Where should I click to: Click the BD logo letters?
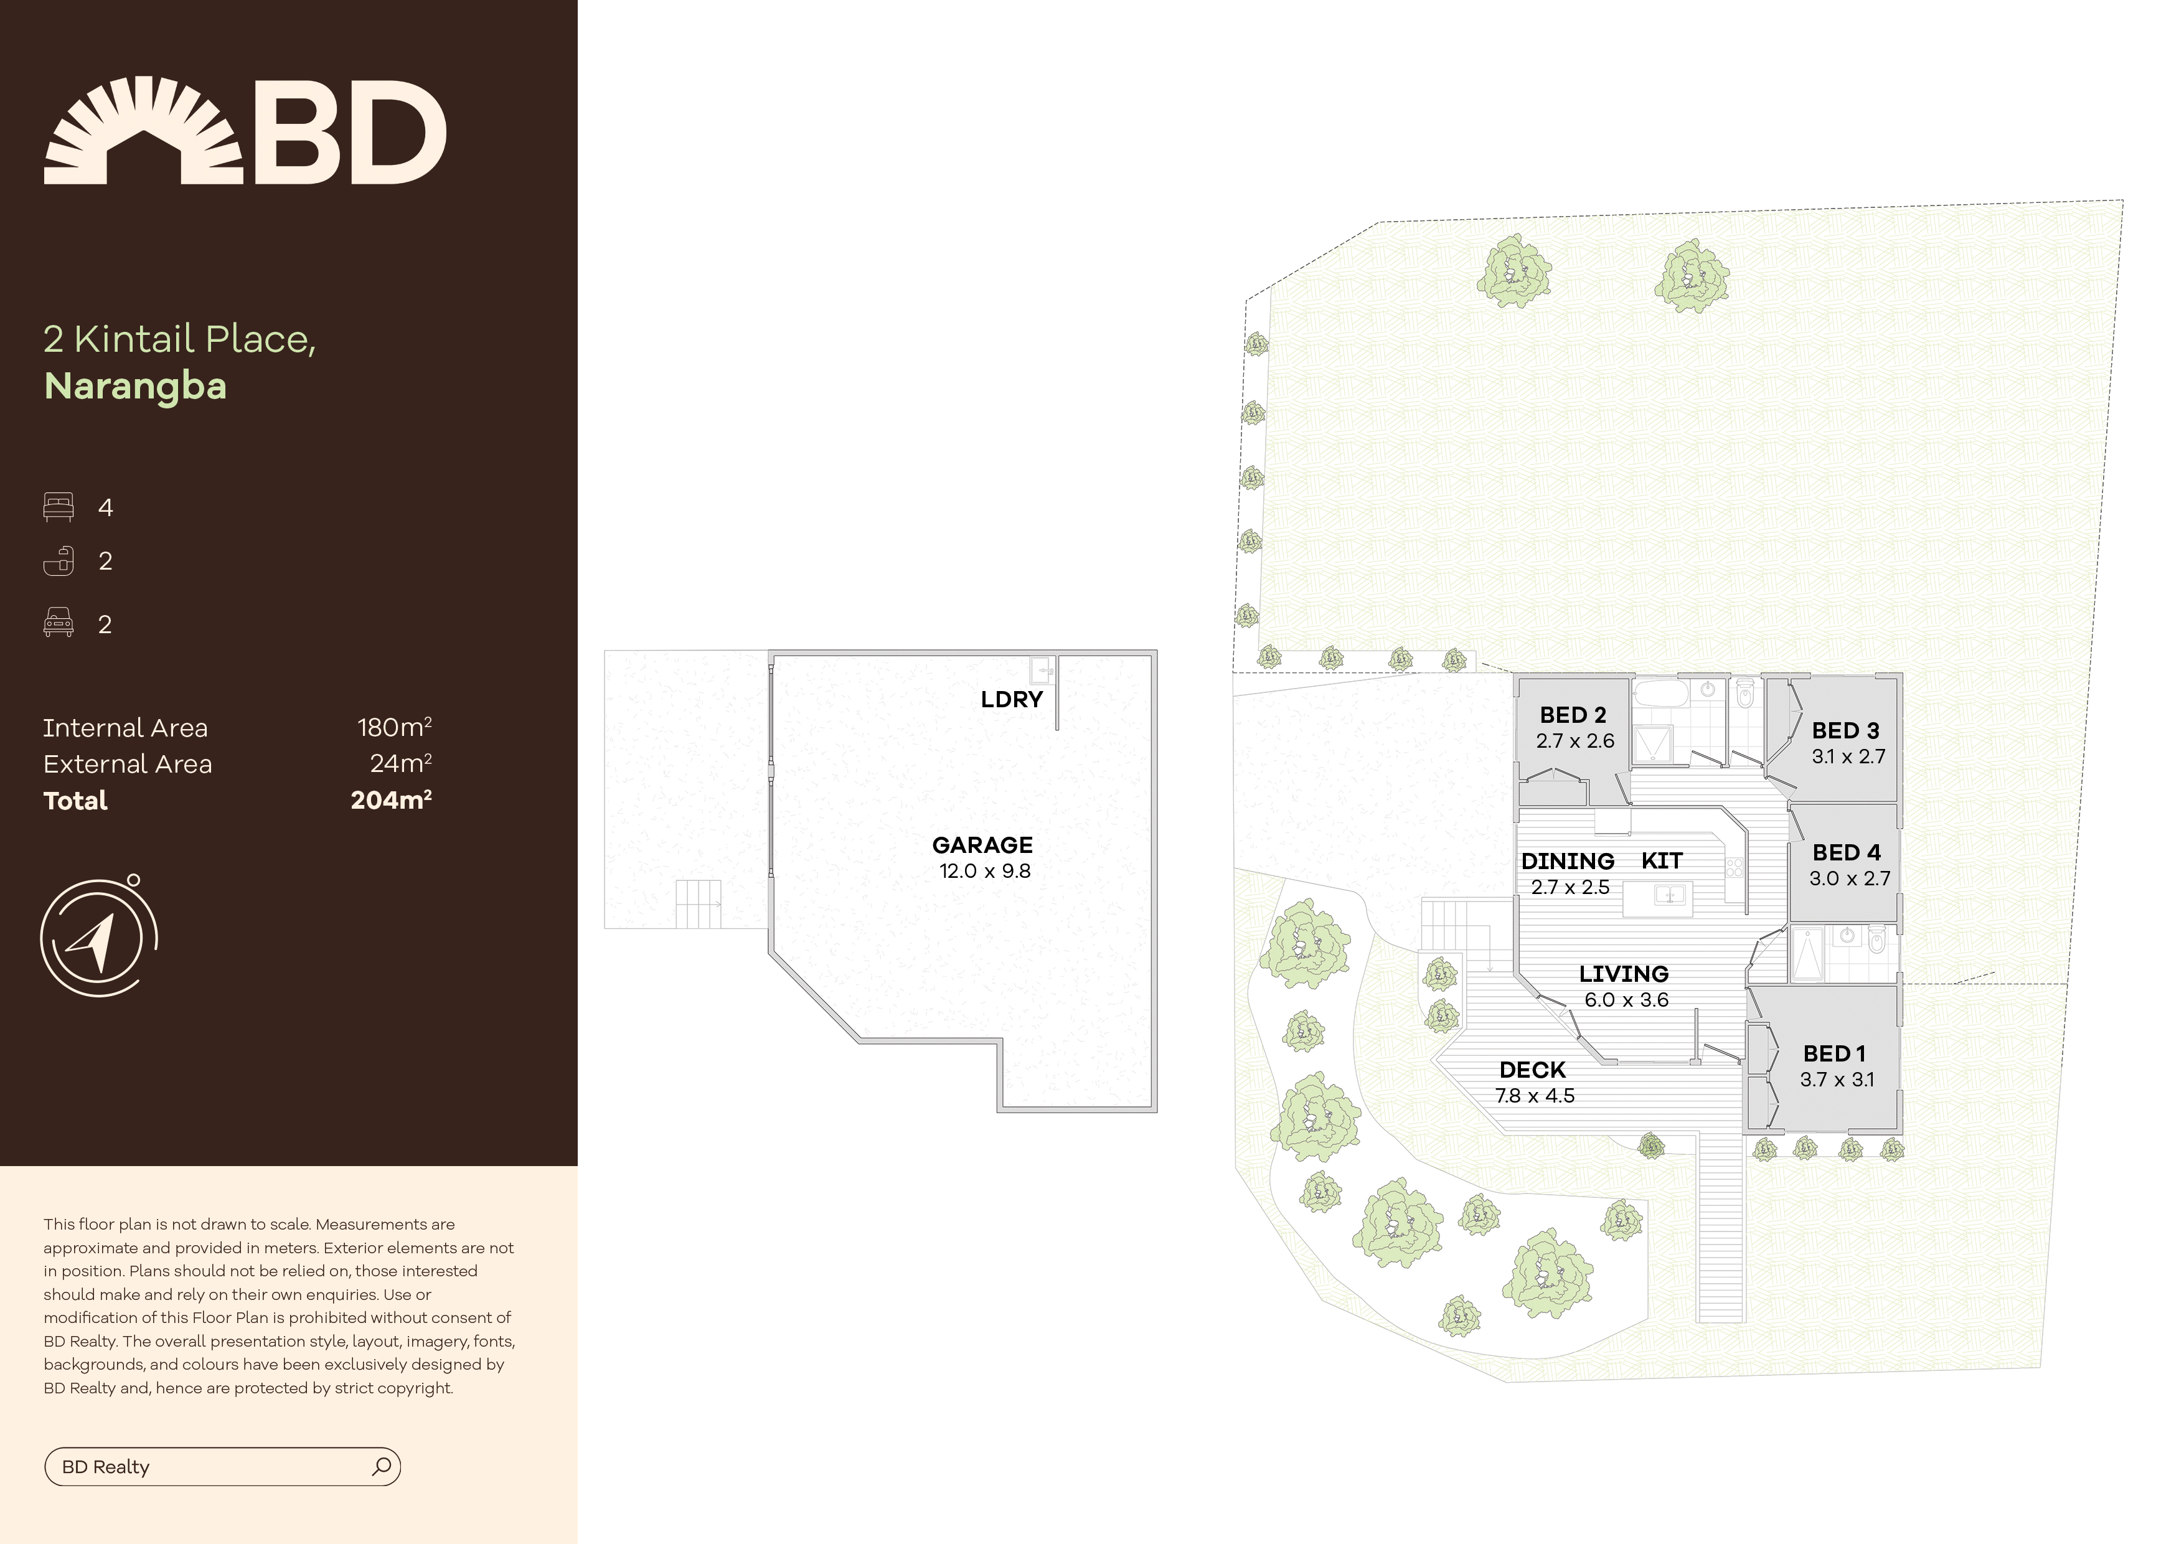click(x=348, y=133)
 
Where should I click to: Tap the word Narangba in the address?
click(x=135, y=386)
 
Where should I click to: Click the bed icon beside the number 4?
click(x=58, y=507)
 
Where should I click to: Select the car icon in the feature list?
click(x=58, y=623)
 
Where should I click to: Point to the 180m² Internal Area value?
click(x=394, y=728)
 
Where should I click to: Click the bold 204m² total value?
click(x=391, y=800)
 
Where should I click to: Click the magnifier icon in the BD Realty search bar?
click(x=382, y=1466)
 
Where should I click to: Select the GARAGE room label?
click(x=982, y=845)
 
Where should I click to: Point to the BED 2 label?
click(x=1573, y=715)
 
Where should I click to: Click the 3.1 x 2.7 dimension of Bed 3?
click(x=1847, y=756)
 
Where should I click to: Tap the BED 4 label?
click(x=1845, y=852)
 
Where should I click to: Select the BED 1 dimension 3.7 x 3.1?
click(x=1836, y=1079)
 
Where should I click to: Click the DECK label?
click(x=1532, y=1070)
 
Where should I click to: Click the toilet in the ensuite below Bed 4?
click(x=1876, y=942)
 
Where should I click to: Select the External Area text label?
click(x=128, y=764)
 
